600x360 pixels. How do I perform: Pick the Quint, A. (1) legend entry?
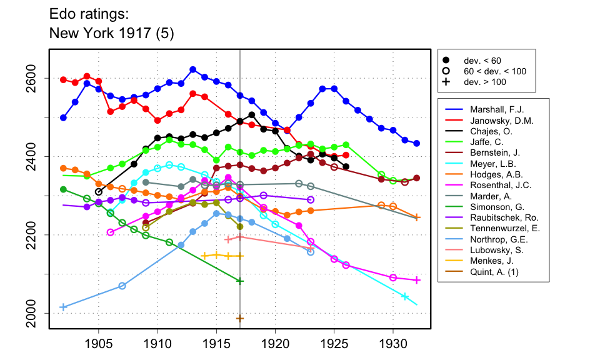485,272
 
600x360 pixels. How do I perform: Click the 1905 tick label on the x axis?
98,344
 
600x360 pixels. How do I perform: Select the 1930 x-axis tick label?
393,344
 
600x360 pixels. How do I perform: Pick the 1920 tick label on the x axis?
275,344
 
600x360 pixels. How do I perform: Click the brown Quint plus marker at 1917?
240,319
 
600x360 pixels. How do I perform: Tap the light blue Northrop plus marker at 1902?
63,307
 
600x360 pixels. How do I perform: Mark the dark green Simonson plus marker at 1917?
240,281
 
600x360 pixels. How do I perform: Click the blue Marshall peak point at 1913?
193,69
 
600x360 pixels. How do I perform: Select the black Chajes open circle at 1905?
98,192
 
